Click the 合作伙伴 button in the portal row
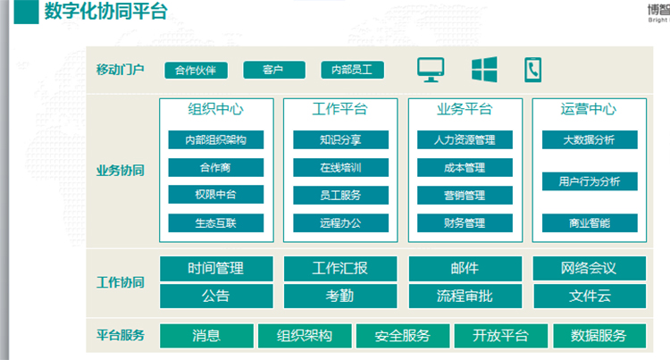(197, 70)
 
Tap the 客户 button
(274, 70)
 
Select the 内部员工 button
(352, 70)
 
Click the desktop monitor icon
(431, 70)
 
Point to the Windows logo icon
(484, 69)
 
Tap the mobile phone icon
(532, 70)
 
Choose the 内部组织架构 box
(216, 139)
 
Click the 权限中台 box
(216, 195)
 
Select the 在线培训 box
(340, 167)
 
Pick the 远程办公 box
(340, 223)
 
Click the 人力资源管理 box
(465, 139)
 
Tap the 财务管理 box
(465, 223)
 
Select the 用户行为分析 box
(590, 181)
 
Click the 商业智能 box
(590, 223)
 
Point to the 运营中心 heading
(589, 109)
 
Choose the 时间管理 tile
(216, 269)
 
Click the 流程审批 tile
(465, 296)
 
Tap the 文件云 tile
(590, 296)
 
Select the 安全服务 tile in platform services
(403, 336)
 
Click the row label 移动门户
(120, 69)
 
